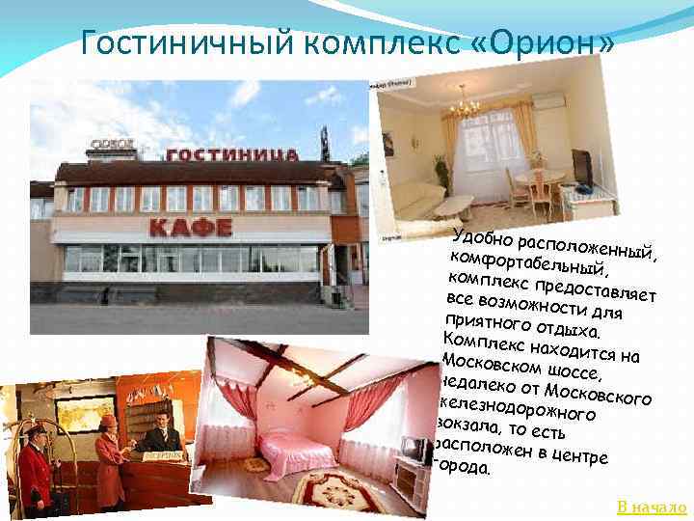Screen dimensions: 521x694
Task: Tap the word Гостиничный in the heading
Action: click(x=183, y=42)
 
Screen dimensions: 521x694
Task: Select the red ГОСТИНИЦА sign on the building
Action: click(x=225, y=154)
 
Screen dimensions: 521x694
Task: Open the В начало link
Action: click(x=651, y=507)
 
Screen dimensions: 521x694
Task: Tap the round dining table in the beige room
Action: click(x=537, y=178)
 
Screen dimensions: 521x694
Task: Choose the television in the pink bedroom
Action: click(x=415, y=451)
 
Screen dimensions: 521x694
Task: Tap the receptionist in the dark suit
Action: click(x=162, y=439)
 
